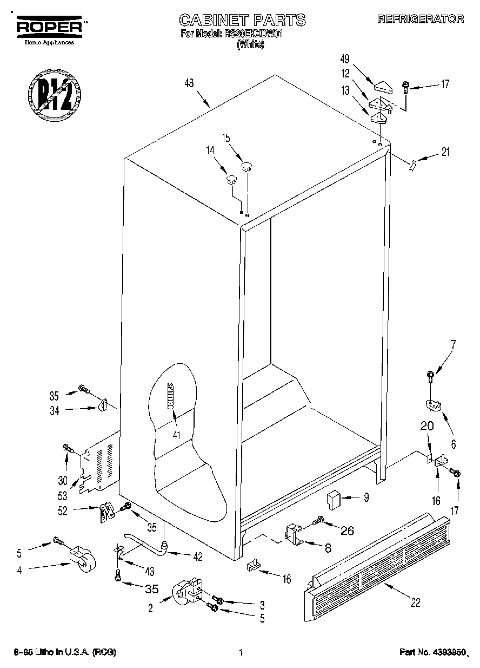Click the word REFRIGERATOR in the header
click(421, 19)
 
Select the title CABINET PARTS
click(242, 21)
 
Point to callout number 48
click(189, 83)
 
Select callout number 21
click(445, 153)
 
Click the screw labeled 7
click(431, 375)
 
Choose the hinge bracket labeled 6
click(431, 404)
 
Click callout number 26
click(346, 531)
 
